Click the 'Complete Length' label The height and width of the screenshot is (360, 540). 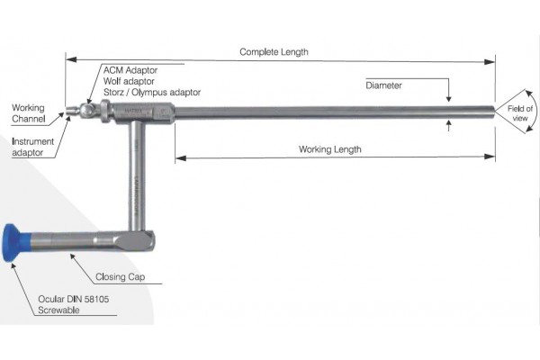tap(274, 52)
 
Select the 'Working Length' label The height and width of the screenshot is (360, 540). tap(329, 148)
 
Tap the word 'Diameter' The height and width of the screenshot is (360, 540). tap(383, 85)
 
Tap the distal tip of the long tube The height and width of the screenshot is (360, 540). tap(492, 110)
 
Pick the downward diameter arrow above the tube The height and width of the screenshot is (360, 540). tap(448, 96)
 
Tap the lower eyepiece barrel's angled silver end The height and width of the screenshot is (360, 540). tap(139, 241)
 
